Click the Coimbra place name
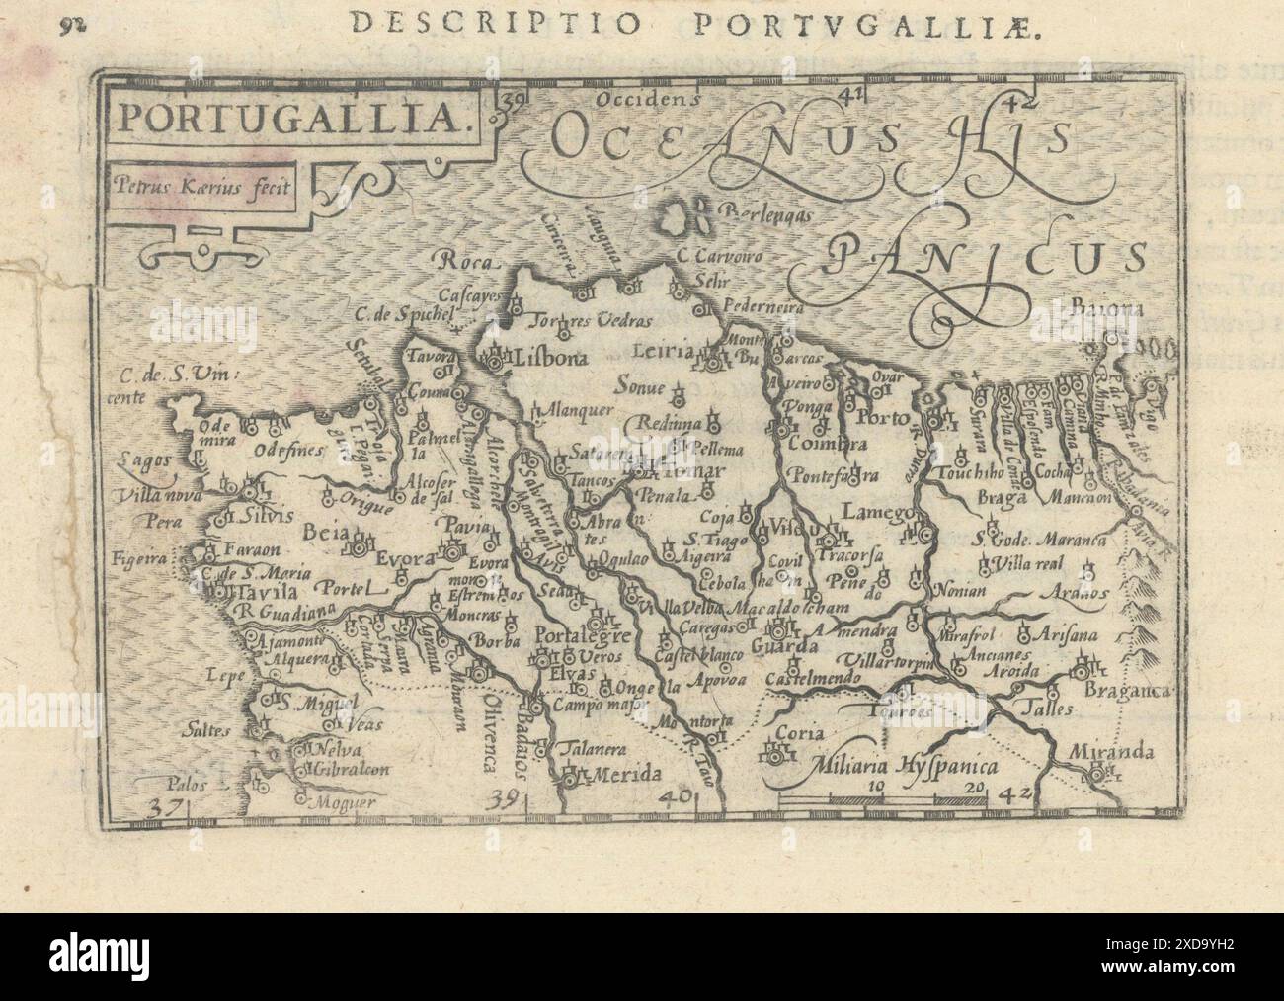pos(827,445)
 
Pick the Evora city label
pos(405,558)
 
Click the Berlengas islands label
pos(764,210)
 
